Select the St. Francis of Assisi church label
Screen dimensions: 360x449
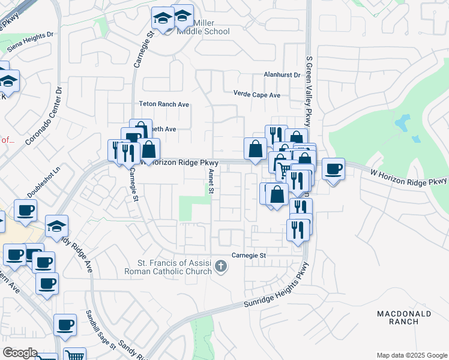(x=168, y=266)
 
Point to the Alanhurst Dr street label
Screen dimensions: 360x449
(x=282, y=75)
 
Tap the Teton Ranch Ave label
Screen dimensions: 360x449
(x=164, y=104)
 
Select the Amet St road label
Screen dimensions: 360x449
(x=211, y=181)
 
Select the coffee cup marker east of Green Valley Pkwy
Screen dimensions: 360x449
(x=333, y=169)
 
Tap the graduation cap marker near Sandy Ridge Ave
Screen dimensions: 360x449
(x=57, y=226)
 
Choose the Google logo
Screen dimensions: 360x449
(x=20, y=353)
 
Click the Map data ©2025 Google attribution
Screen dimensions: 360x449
(x=411, y=355)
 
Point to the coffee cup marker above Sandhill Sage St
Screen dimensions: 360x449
(x=65, y=325)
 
